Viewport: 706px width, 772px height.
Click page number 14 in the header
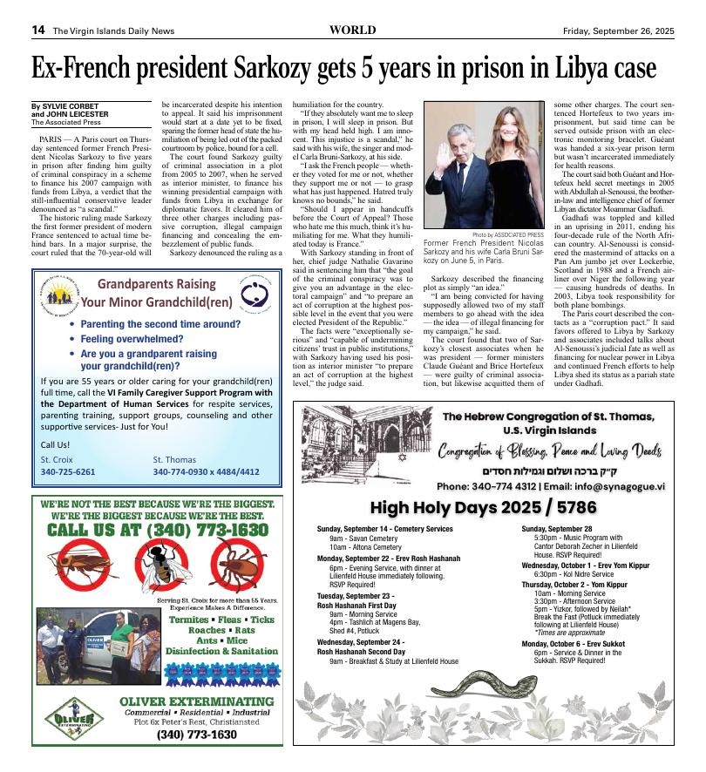(38, 30)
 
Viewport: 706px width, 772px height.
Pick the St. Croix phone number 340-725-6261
(68, 472)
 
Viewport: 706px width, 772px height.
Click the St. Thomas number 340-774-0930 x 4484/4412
(206, 472)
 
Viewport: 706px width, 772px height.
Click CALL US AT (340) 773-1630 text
(158, 530)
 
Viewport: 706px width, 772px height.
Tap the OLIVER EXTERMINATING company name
(196, 701)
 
